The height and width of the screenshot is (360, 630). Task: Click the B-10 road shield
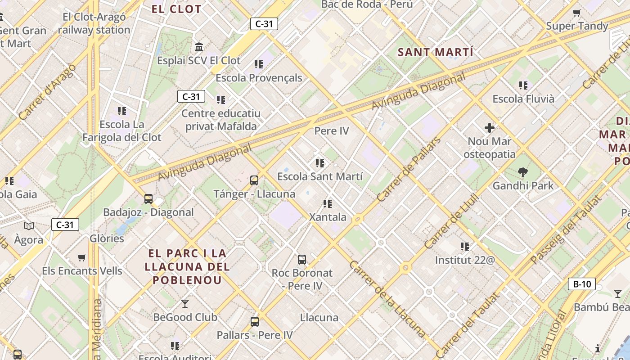582,284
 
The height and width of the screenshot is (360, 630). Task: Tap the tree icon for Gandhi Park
522,172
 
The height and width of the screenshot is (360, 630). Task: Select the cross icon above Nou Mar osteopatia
490,128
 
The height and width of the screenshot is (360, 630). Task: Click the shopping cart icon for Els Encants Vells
81,258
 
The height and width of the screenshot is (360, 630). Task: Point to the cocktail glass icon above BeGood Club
184,304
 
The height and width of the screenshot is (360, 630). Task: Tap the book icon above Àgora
29,226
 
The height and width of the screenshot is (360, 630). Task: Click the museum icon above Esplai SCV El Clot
198,47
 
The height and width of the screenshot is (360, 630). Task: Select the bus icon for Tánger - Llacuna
254,180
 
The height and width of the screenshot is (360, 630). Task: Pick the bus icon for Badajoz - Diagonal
148,198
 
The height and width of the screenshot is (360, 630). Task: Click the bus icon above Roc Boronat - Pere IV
302,259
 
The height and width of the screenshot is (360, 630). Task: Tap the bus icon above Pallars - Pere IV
255,321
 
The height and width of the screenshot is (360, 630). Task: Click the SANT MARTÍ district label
436,52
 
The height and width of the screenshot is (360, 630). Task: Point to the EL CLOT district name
176,9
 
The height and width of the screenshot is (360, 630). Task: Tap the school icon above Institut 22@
465,246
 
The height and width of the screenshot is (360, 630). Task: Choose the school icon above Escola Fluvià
523,85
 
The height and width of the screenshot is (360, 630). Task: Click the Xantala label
328,217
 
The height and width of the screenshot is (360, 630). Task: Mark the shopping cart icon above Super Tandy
576,13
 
